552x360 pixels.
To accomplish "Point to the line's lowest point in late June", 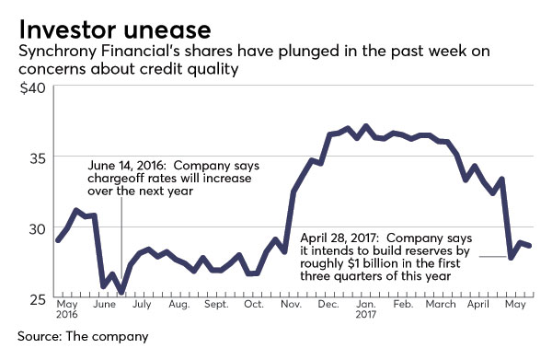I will pos(122,291).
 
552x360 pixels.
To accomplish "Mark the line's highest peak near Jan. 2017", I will pos(365,125).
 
